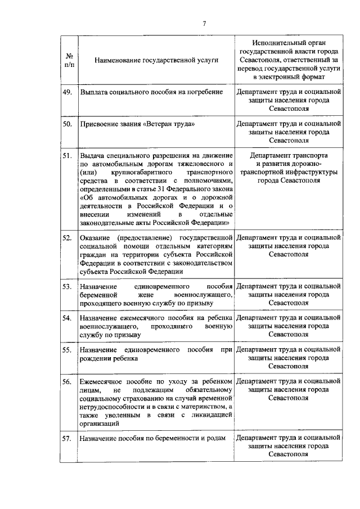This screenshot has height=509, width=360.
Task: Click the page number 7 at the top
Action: (205, 23)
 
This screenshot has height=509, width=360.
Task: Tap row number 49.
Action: (67, 92)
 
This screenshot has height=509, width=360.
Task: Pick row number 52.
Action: (67, 238)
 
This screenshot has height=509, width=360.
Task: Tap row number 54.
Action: (67, 318)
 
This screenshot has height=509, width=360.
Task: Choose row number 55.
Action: (67, 350)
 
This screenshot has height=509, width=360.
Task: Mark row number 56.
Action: (67, 381)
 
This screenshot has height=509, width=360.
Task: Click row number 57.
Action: (67, 438)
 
